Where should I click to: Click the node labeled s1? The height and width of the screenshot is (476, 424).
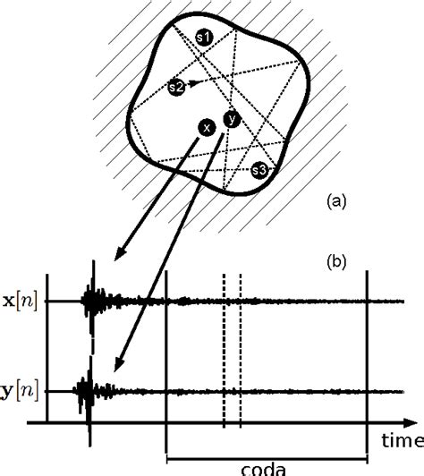click(203, 38)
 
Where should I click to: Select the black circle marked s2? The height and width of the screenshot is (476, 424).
click(176, 88)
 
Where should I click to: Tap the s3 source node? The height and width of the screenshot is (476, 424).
click(259, 168)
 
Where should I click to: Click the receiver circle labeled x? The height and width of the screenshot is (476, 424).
click(208, 129)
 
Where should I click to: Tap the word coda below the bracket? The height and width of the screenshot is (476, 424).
click(265, 465)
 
